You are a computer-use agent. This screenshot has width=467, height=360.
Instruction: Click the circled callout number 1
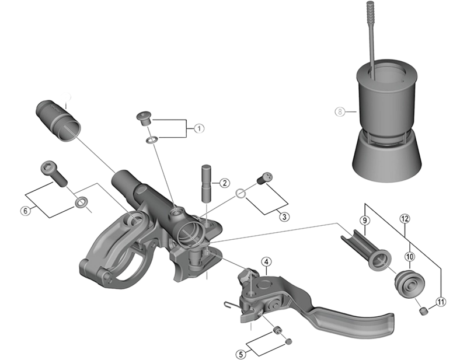point(198,128)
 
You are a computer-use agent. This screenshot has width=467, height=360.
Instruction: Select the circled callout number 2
point(224,183)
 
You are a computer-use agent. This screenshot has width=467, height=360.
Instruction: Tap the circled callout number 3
point(284,217)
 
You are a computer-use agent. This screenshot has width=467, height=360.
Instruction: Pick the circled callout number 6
point(25,211)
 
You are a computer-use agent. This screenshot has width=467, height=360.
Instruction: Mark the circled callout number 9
point(364,220)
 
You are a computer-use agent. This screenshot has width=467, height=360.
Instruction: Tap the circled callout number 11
point(441,301)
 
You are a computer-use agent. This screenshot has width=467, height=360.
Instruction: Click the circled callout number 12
point(405,218)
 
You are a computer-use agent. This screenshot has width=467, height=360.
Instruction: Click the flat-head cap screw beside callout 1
point(144,118)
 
